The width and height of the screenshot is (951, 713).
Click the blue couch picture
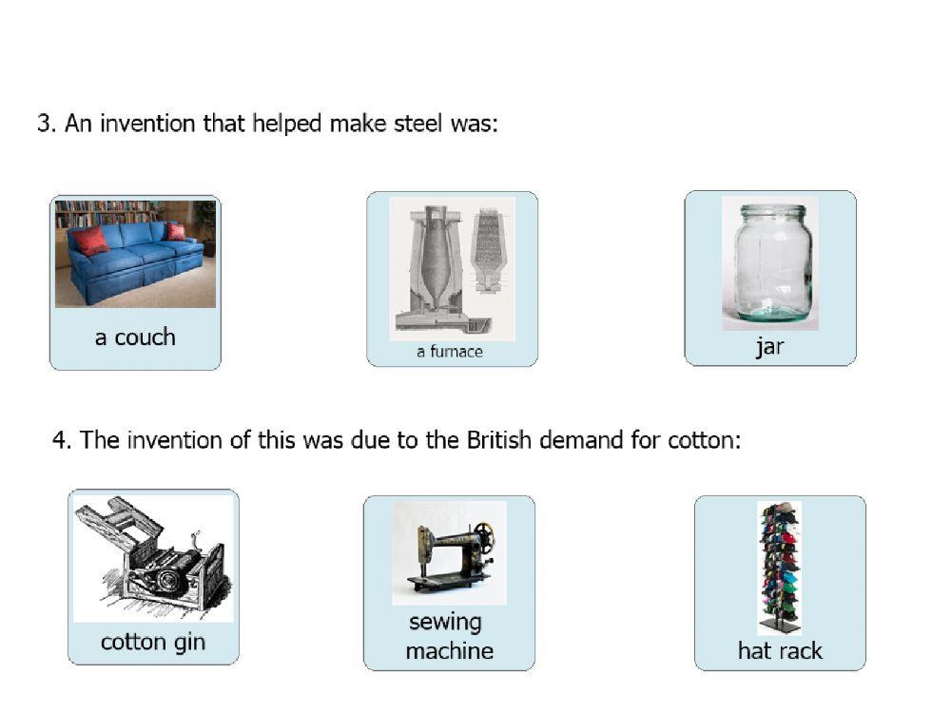tap(135, 253)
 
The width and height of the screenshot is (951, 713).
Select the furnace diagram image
tap(452, 268)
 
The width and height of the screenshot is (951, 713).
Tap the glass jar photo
tap(771, 263)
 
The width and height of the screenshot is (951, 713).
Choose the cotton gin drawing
tap(153, 558)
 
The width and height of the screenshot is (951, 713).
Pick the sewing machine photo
tap(449, 553)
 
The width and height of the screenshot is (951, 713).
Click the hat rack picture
tap(780, 568)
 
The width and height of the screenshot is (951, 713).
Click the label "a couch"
tap(135, 337)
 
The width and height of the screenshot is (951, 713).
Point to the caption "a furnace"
tap(450, 352)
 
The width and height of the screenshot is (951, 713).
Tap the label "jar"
tap(769, 346)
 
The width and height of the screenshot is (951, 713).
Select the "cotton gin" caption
tap(153, 642)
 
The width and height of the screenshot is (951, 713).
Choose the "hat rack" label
tap(780, 650)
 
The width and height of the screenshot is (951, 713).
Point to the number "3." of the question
tap(47, 124)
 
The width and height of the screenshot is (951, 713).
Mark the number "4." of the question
tap(62, 440)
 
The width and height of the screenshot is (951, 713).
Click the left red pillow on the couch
tap(91, 241)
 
